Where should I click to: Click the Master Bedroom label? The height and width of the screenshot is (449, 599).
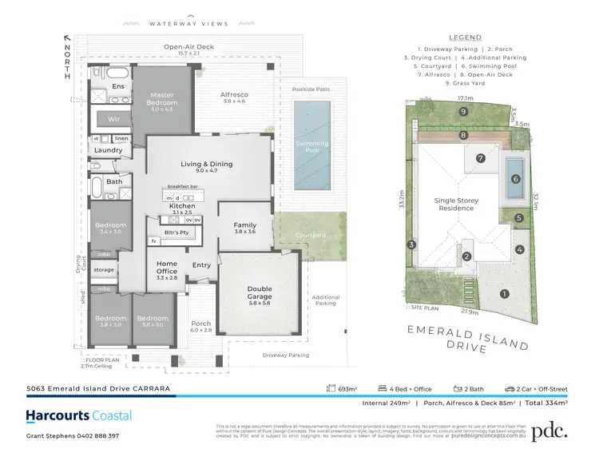click(x=162, y=98)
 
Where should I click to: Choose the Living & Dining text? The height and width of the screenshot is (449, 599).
click(x=207, y=164)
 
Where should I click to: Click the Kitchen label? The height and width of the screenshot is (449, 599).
click(x=182, y=205)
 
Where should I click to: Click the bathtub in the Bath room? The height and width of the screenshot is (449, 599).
click(x=97, y=189)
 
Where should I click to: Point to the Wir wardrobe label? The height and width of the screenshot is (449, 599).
click(x=113, y=119)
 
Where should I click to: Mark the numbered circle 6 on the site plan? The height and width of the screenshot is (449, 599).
click(x=515, y=179)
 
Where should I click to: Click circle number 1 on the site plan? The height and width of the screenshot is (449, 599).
click(x=504, y=293)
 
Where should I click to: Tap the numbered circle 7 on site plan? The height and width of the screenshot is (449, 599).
click(x=481, y=158)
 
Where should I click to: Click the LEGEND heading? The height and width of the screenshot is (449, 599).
click(x=465, y=38)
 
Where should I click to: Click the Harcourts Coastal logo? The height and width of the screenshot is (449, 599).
click(x=79, y=415)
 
